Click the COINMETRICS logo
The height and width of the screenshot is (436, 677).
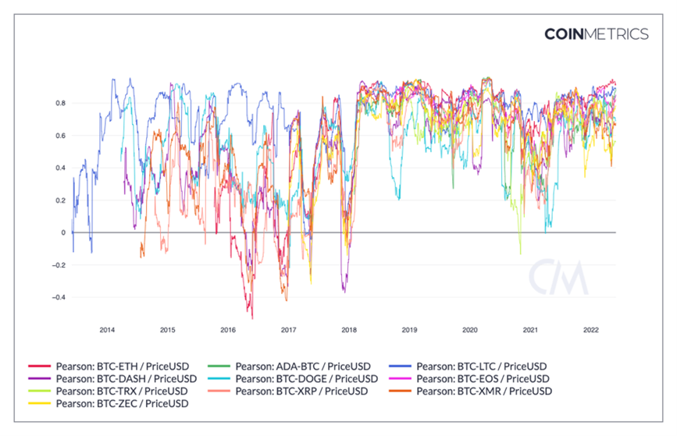coord(596,34)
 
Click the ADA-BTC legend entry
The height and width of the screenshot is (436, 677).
coord(300,366)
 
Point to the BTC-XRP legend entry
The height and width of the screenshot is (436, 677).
coord(300,391)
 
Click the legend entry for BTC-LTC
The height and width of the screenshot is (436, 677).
coord(482,366)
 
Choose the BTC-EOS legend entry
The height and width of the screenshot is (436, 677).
coord(483,378)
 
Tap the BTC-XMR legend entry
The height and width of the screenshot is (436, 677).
coord(484,391)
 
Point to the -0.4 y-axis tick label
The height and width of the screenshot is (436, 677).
coord(59,297)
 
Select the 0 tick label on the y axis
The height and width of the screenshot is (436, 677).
coord(64,232)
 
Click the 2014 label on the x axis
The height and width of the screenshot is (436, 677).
coord(107,330)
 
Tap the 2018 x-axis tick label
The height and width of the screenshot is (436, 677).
coord(349,330)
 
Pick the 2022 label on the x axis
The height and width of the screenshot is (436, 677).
coord(591,330)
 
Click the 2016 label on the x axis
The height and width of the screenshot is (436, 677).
coord(228,330)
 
